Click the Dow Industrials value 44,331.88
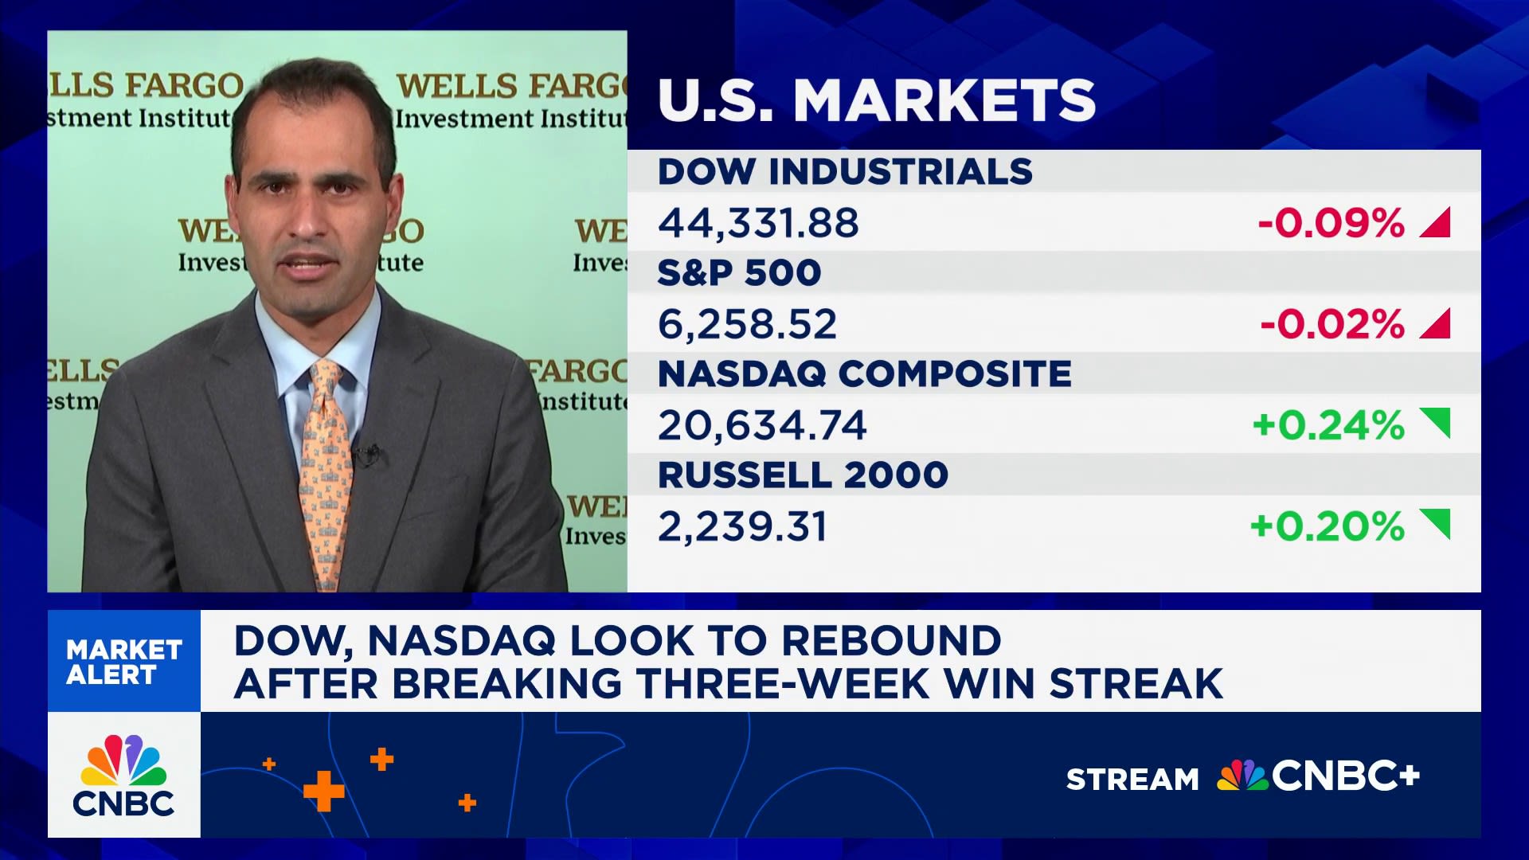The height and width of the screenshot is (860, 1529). (758, 223)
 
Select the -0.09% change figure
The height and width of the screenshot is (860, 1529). (1331, 223)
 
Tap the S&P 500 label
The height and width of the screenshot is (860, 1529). (739, 273)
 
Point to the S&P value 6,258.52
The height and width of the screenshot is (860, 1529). (747, 324)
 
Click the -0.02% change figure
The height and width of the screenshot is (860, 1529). (1332, 324)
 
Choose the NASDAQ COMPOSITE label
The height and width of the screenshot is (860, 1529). (864, 374)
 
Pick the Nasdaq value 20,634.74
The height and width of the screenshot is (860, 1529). (761, 425)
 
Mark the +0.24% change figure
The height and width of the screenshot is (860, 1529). (1328, 425)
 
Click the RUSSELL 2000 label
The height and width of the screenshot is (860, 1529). (803, 475)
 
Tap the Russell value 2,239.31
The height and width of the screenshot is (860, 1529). (742, 526)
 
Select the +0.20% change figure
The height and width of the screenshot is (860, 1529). (1327, 526)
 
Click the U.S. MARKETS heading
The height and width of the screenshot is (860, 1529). (876, 100)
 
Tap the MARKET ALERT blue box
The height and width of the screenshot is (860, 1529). (124, 662)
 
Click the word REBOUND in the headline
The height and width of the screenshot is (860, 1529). (891, 641)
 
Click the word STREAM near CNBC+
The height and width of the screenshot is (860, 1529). (1132, 779)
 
